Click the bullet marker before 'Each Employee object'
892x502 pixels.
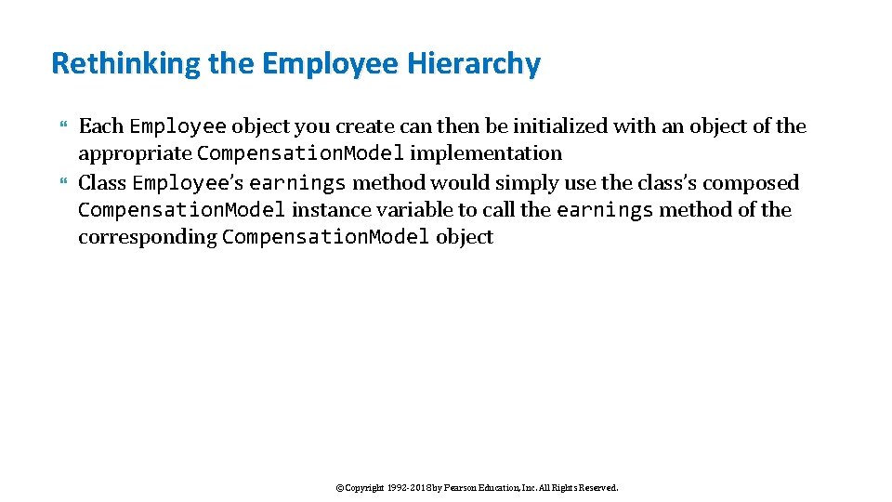64,126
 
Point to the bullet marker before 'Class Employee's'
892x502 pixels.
64,182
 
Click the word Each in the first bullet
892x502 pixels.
100,126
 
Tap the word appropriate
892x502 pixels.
135,153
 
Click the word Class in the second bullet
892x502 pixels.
102,182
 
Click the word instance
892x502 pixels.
326,210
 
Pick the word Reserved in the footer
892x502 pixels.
595,487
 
